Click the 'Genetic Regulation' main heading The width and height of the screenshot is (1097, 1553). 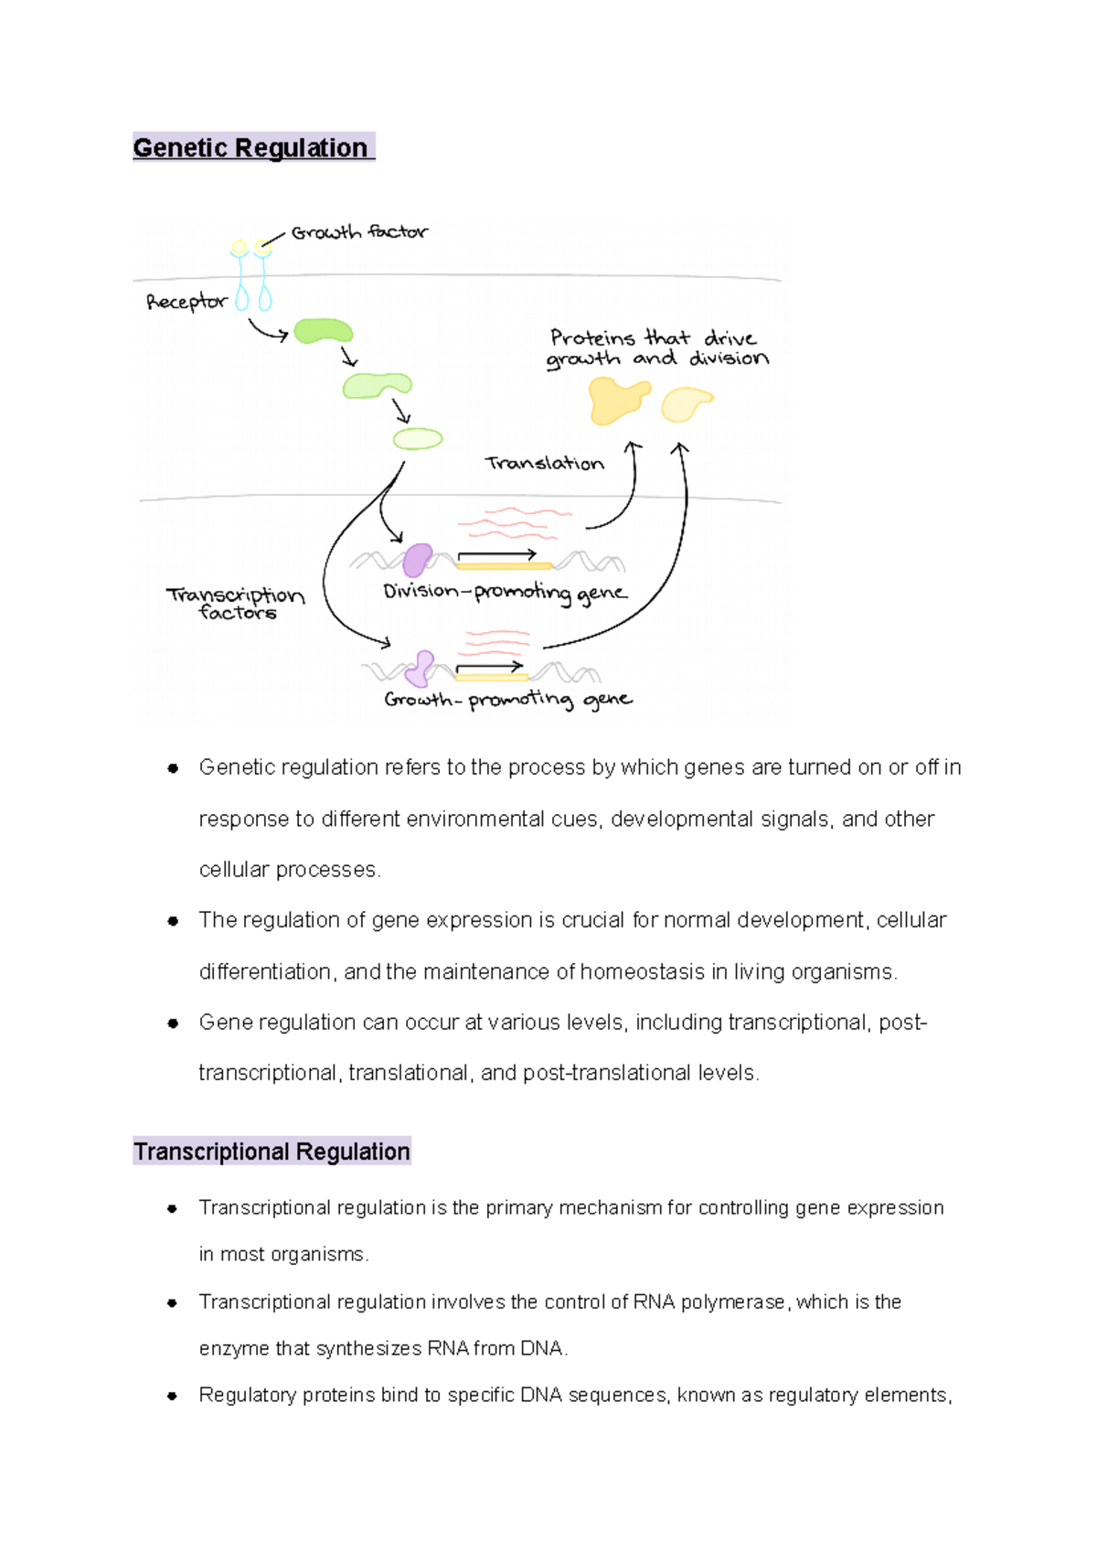click(x=250, y=147)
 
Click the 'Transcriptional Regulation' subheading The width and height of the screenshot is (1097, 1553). click(x=272, y=1151)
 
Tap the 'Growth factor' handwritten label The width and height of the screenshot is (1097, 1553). click(x=359, y=232)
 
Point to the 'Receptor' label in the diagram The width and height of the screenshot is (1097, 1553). click(x=186, y=302)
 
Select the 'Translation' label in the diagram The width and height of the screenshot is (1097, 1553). click(x=545, y=464)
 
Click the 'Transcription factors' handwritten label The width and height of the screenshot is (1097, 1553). click(x=236, y=604)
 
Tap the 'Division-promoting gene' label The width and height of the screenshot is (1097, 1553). click(x=505, y=593)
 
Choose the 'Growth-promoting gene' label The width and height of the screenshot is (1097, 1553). click(x=507, y=701)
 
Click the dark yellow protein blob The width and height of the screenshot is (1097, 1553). click(x=618, y=400)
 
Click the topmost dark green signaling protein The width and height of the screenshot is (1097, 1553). click(x=323, y=331)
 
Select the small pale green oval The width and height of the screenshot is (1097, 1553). click(x=418, y=439)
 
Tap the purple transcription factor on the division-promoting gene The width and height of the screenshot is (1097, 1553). click(x=418, y=559)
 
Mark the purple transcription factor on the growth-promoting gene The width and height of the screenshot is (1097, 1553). click(x=421, y=669)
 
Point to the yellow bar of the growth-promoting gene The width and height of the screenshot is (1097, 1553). click(x=491, y=678)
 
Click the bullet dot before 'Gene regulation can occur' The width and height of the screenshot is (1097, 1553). click(x=172, y=1023)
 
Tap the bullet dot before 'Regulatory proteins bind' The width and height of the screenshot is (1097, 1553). click(x=172, y=1396)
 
